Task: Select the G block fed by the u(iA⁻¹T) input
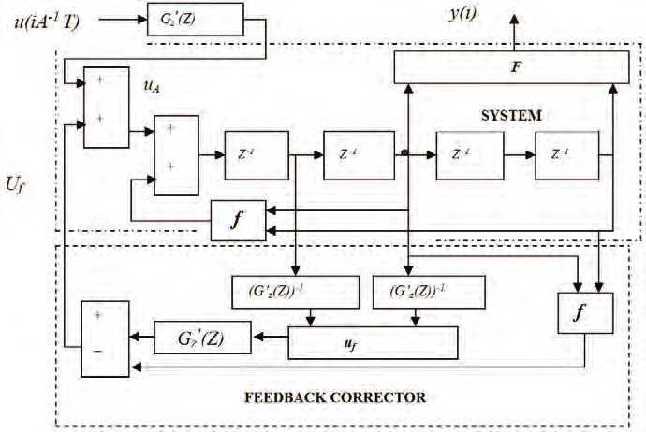pyautogui.click(x=195, y=19)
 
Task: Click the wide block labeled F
pyautogui.click(x=511, y=68)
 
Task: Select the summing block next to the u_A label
pyautogui.click(x=107, y=107)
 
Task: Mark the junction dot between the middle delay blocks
pyautogui.click(x=404, y=151)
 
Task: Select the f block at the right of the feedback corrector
pyautogui.click(x=584, y=313)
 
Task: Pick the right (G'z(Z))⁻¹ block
pyautogui.click(x=413, y=292)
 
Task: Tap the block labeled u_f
pyautogui.click(x=374, y=343)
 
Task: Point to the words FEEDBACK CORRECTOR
pyautogui.click(x=335, y=397)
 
